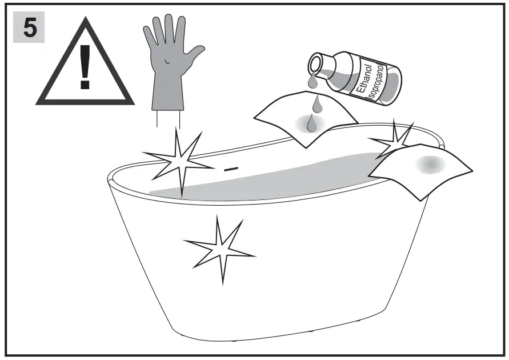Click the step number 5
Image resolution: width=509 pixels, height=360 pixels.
point(29,29)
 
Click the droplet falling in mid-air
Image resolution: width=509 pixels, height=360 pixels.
point(315,103)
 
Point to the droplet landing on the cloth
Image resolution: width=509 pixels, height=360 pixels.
point(311,123)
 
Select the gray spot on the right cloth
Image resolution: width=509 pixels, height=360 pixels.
point(430,164)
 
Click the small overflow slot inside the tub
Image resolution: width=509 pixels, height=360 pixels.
point(230,169)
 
